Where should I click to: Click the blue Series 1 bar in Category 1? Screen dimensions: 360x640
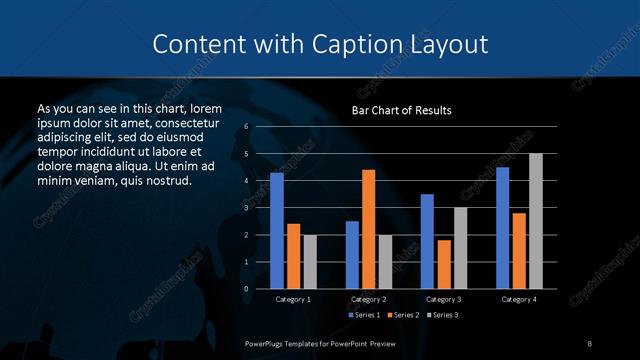click(277, 231)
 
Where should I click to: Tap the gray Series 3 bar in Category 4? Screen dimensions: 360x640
click(535, 221)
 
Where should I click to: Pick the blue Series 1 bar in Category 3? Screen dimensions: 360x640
click(427, 241)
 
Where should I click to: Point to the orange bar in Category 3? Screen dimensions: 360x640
click(443, 264)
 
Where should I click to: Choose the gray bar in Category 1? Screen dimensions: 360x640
click(309, 262)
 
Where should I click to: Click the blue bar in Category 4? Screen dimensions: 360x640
click(502, 228)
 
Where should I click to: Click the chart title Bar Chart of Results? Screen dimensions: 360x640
click(401, 110)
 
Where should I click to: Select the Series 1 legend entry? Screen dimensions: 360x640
click(363, 316)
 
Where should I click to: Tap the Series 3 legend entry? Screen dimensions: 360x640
click(443, 316)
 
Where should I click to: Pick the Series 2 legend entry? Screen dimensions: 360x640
click(403, 316)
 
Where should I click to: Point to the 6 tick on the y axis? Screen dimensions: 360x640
click(246, 127)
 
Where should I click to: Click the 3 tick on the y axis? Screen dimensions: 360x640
click(246, 208)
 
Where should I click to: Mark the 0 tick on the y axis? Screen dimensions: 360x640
click(246, 289)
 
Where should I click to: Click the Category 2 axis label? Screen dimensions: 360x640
click(368, 299)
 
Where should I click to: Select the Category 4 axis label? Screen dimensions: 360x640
click(518, 299)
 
